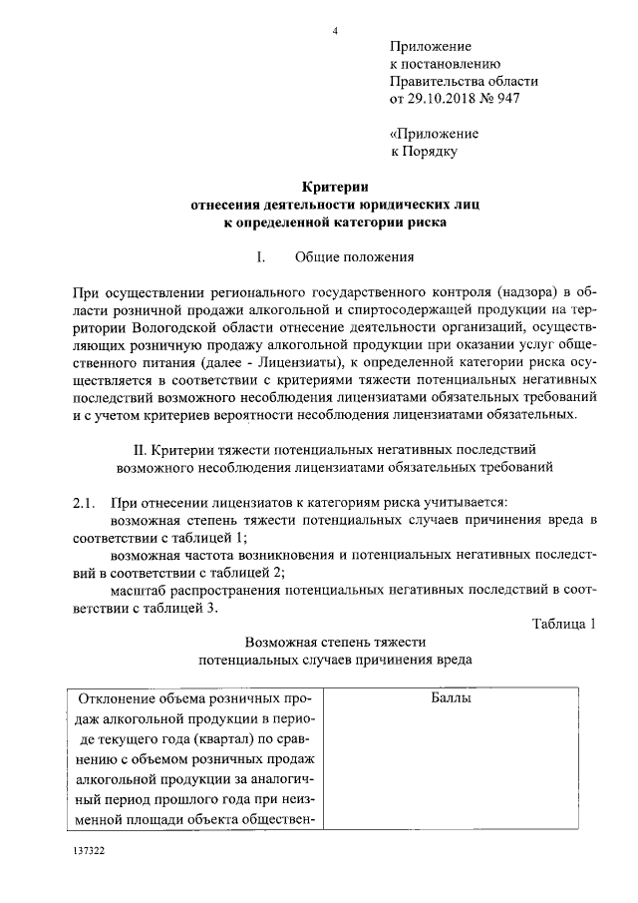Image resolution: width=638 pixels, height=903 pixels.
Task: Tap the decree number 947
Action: [x=506, y=99]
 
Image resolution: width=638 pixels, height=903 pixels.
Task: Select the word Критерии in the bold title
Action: [x=335, y=186]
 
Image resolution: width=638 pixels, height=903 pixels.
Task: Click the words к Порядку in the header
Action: [x=422, y=152]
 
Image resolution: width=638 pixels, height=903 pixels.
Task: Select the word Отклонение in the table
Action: [x=119, y=698]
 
